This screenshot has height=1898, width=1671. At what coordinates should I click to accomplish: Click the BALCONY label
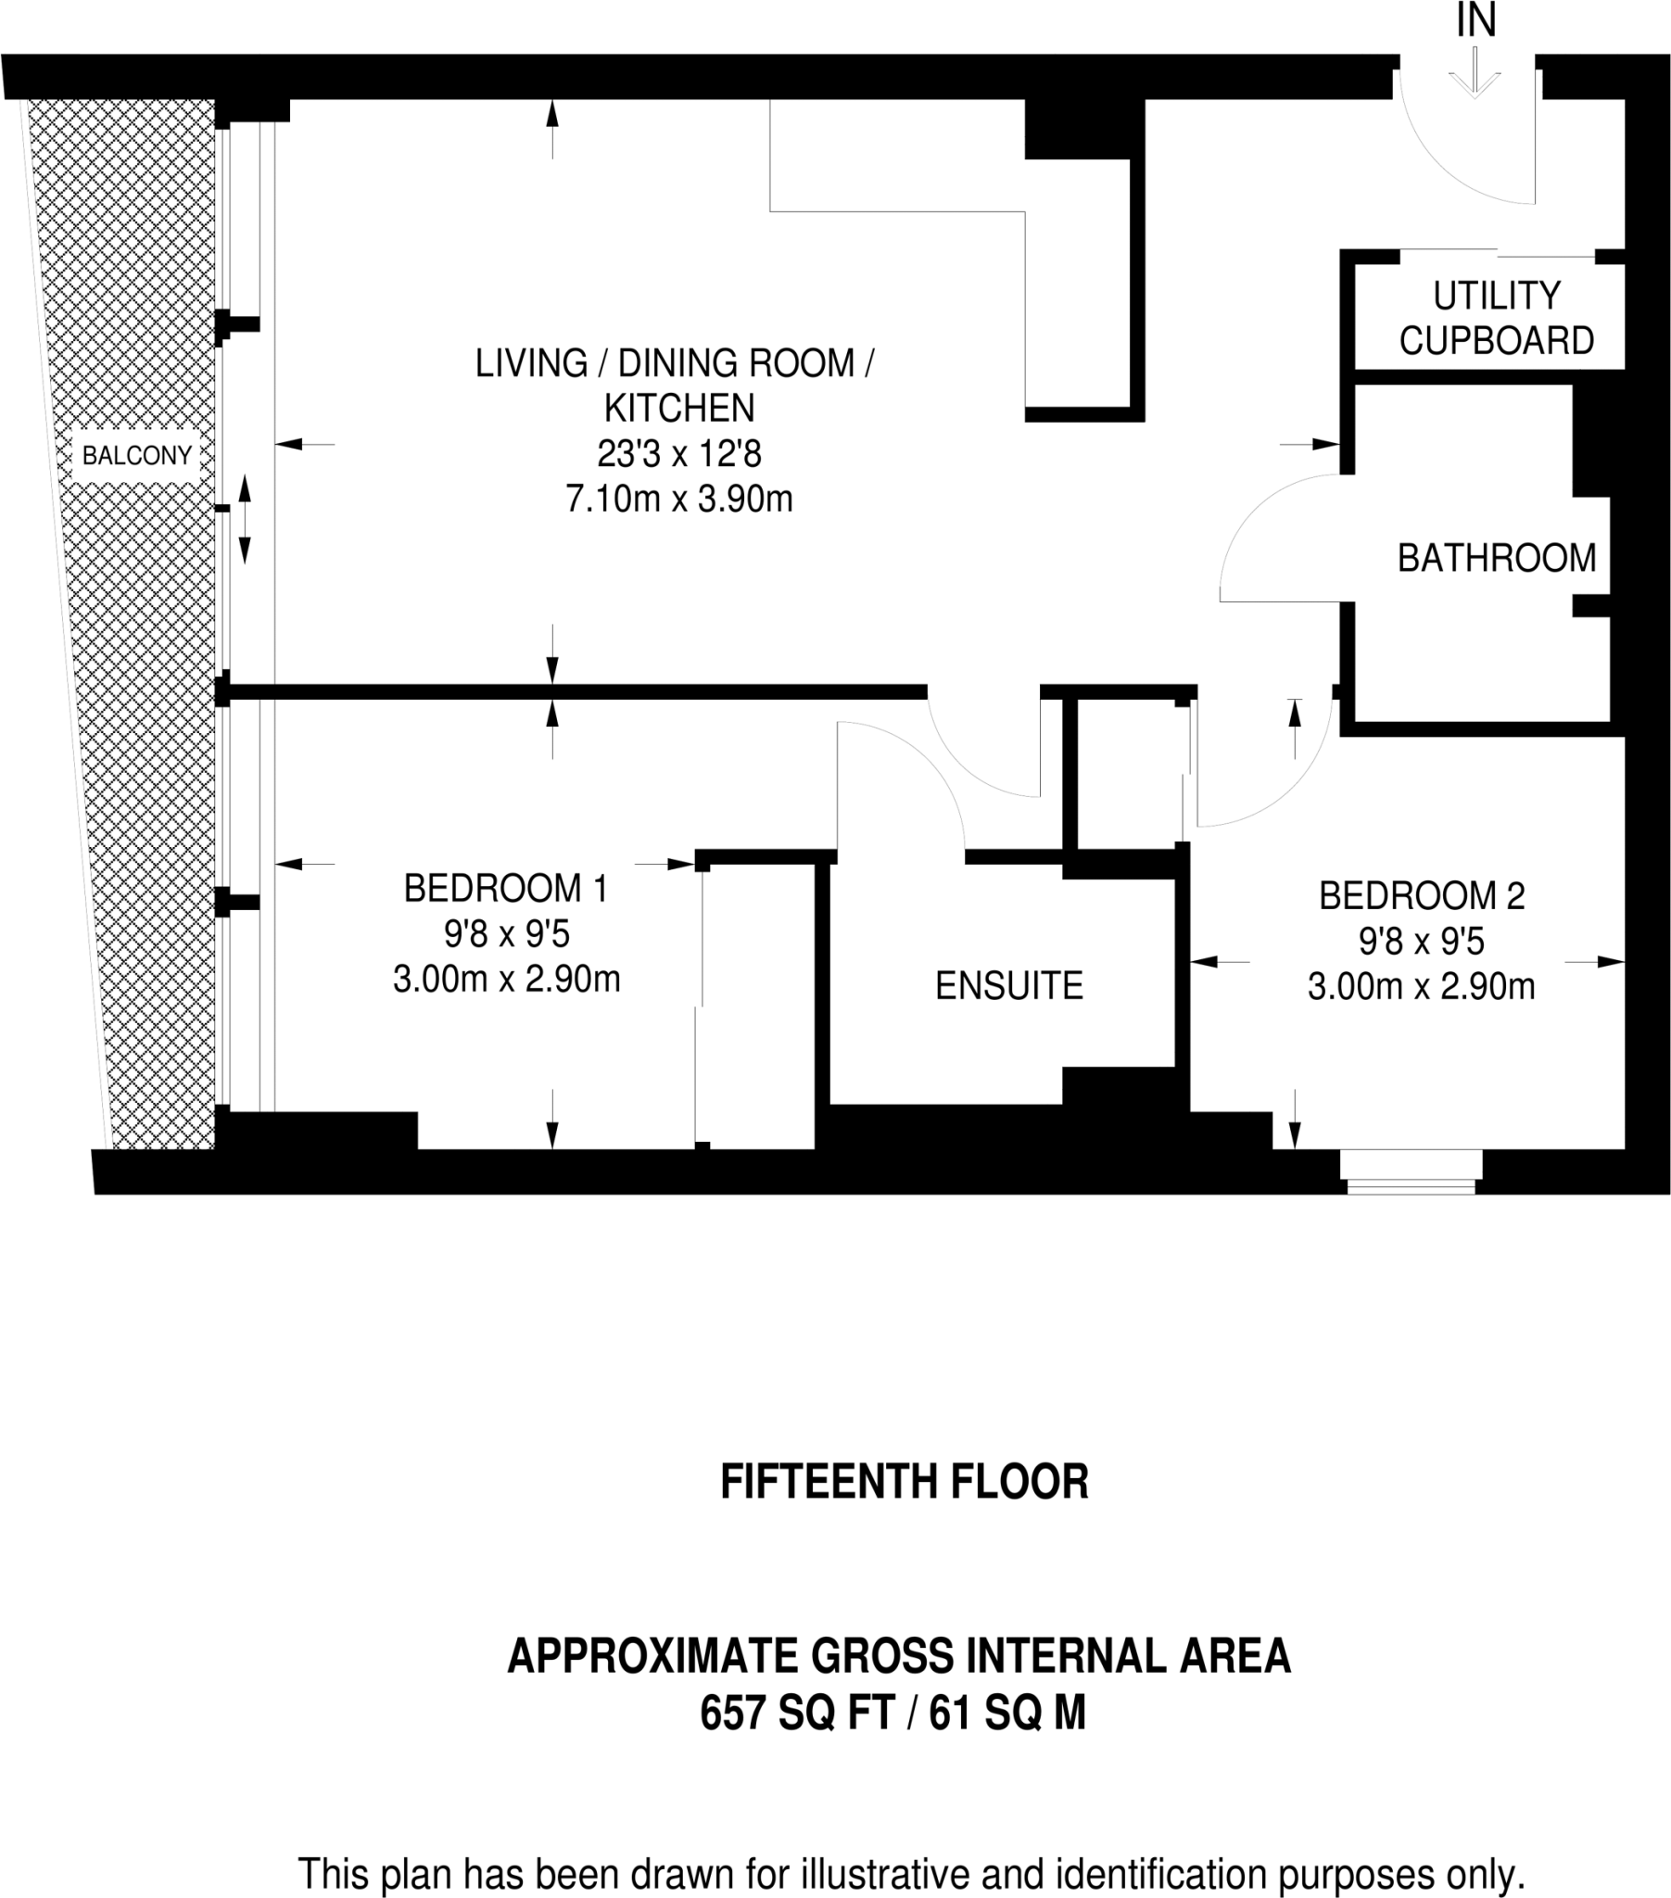pyautogui.click(x=136, y=455)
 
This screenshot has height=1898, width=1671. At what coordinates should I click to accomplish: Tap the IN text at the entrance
pyautogui.click(x=1476, y=20)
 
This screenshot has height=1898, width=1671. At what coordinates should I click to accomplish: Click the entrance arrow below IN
pyautogui.click(x=1475, y=72)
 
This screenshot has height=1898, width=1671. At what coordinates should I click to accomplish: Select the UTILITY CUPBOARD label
pyautogui.click(x=1497, y=318)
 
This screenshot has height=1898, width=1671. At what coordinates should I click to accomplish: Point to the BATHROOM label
pyautogui.click(x=1497, y=557)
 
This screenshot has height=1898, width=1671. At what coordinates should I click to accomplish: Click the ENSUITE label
pyautogui.click(x=1008, y=985)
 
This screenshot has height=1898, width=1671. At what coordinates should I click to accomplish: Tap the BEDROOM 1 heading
pyautogui.click(x=505, y=889)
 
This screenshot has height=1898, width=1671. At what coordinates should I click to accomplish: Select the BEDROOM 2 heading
pyautogui.click(x=1421, y=896)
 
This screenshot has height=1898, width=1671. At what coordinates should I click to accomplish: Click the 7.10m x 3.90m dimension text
pyautogui.click(x=679, y=499)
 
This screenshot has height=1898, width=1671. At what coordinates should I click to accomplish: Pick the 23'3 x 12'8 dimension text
pyautogui.click(x=679, y=454)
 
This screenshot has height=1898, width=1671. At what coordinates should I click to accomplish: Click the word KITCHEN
pyautogui.click(x=679, y=408)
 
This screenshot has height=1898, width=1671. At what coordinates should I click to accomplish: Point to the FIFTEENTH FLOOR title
pyautogui.click(x=904, y=1482)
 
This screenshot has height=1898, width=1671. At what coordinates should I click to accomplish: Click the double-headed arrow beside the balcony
pyautogui.click(x=246, y=519)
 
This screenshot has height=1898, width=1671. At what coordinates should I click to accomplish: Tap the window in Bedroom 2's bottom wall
pyautogui.click(x=1411, y=1171)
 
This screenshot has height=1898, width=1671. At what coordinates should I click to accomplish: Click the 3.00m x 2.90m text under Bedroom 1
pyautogui.click(x=506, y=979)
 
